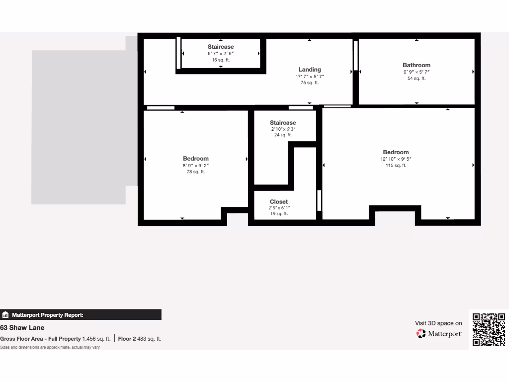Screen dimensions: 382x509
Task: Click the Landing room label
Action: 310,70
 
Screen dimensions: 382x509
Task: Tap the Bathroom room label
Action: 417,65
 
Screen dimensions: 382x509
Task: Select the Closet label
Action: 279,202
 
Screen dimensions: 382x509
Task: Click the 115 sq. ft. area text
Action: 396,166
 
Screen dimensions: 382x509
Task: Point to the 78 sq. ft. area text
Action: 196,172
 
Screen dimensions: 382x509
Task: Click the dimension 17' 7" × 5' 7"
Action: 310,77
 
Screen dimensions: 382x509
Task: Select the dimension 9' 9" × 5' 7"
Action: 417,72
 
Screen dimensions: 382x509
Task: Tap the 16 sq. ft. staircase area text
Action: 221,60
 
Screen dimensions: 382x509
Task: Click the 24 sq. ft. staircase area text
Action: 283,135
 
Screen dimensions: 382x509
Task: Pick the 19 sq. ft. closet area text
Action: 279,214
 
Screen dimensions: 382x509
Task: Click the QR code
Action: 489,329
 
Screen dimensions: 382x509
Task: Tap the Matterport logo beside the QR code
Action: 439,333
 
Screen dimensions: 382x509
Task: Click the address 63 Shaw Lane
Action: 22,328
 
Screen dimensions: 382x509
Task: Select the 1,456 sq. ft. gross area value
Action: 96,339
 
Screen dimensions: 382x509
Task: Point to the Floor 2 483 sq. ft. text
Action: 140,339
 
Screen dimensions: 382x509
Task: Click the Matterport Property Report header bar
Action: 81,315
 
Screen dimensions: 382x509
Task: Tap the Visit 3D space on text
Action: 438,323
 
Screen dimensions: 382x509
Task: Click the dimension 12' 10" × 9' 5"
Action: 396,159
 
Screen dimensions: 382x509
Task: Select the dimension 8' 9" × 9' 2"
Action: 196,166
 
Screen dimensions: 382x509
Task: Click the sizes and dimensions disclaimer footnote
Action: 50,347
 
